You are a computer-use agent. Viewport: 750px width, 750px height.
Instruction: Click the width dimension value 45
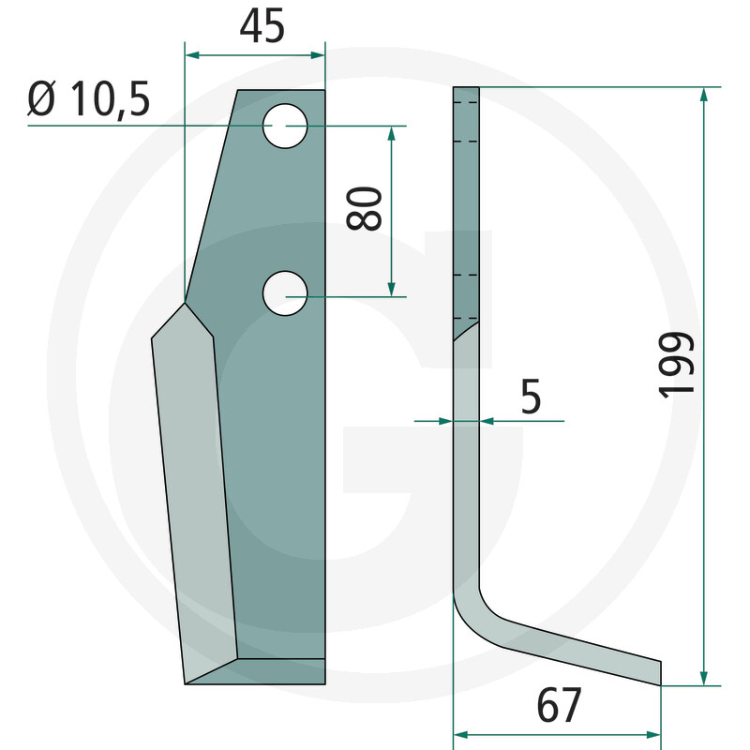(262, 27)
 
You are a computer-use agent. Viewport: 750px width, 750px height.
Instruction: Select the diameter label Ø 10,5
(89, 98)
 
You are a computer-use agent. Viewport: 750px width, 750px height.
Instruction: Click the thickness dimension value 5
(531, 397)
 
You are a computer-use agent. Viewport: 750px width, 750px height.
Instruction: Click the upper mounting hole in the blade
(285, 126)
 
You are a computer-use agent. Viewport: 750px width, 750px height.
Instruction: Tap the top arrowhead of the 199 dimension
(703, 95)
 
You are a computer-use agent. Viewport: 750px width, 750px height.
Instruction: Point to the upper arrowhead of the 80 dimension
(392, 133)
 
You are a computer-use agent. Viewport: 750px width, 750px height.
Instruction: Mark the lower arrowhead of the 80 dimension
(392, 288)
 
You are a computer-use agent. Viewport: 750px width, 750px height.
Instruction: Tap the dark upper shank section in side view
(466, 206)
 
